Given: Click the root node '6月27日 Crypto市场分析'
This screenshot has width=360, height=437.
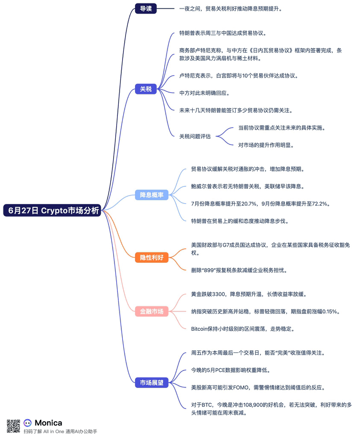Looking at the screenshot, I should (x=52, y=210).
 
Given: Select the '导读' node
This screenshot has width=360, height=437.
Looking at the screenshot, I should (x=146, y=9).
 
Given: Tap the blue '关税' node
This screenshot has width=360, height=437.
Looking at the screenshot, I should (x=146, y=89).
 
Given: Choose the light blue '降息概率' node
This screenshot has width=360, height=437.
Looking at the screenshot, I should (x=152, y=195).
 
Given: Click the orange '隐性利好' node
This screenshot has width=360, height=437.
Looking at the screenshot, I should (x=152, y=257).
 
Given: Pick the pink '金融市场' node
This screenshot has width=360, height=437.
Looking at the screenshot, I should (x=152, y=311).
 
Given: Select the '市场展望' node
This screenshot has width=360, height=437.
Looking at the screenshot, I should (x=152, y=383).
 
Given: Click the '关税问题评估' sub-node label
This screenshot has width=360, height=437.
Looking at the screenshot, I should (x=195, y=137).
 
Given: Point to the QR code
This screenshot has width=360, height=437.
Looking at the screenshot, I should (x=13, y=426).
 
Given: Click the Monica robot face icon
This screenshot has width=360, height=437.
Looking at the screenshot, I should (x=28, y=423).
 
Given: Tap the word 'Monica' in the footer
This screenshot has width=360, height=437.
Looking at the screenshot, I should (x=48, y=423).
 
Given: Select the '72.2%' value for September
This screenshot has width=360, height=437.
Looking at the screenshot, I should (x=319, y=204).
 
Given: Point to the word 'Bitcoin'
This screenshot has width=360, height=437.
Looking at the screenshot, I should (x=200, y=329).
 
